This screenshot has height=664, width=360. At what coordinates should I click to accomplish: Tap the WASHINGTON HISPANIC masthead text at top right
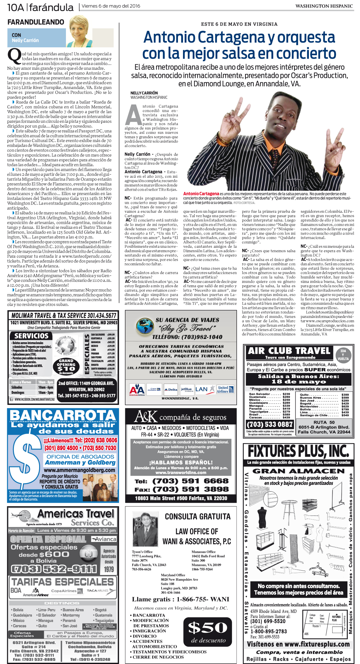click(x=324, y=6)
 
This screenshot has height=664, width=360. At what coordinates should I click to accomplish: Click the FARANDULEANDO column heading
click(x=36, y=22)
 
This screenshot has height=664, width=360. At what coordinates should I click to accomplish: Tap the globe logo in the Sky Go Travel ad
click(x=145, y=326)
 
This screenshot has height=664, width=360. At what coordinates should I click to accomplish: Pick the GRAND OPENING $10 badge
click(x=66, y=366)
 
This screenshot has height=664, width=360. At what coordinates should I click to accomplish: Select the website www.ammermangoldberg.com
click(x=80, y=470)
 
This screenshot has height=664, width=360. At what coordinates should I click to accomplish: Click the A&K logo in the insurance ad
click(x=145, y=417)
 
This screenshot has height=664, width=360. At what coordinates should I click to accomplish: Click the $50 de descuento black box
click(x=208, y=631)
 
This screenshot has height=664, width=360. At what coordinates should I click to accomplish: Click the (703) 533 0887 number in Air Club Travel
click(x=270, y=424)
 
